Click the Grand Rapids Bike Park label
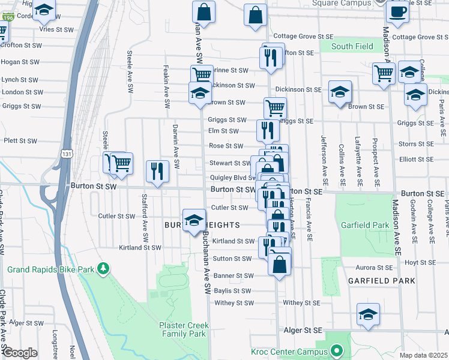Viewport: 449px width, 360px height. click(51, 269)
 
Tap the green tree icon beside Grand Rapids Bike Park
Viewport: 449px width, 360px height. click(104, 268)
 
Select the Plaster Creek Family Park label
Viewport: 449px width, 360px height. click(183, 329)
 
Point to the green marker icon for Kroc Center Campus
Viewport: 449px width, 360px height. click(337, 350)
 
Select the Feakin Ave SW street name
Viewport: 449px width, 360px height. click(166, 82)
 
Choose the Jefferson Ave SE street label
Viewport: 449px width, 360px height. click(325, 160)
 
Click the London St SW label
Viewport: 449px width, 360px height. click(22, 92)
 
